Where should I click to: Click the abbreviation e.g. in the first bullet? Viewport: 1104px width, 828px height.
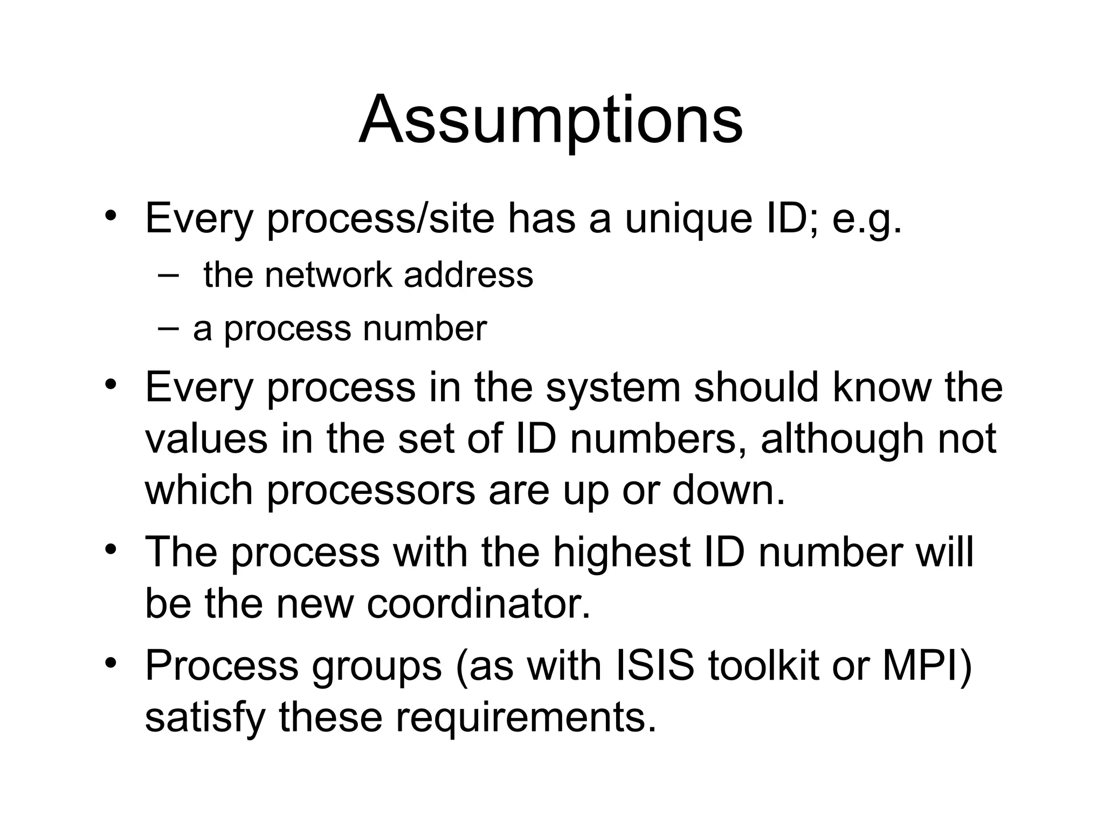point(866,220)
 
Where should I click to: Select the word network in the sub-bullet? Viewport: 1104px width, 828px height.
point(328,275)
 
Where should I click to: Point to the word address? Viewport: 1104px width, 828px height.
point(468,275)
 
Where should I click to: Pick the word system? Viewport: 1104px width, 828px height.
point(613,388)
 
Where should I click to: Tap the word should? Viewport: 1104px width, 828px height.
point(756,388)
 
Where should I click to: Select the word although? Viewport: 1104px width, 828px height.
point(841,438)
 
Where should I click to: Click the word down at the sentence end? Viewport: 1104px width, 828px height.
point(728,490)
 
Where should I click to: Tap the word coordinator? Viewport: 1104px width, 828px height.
point(478,604)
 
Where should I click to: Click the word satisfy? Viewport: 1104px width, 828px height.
point(205,719)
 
